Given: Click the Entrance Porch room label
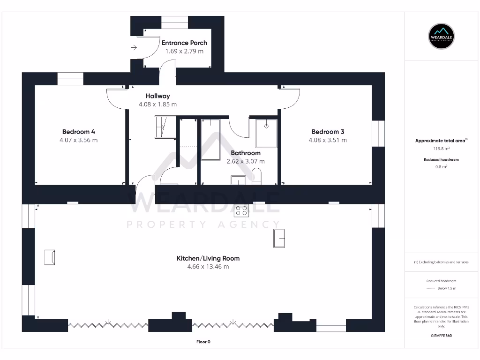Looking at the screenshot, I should click(184, 43).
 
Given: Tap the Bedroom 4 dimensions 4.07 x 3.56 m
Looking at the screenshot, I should click(79, 140).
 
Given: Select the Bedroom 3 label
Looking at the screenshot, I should click(328, 132).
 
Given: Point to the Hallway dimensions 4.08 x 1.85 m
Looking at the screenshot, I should click(157, 105).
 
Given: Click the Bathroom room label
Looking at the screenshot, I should click(246, 153).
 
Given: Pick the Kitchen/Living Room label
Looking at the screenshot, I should click(208, 258).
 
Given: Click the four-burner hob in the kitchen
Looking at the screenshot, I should click(241, 211).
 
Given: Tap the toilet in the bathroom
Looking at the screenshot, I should click(256, 177).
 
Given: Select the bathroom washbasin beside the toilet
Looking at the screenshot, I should click(239, 180).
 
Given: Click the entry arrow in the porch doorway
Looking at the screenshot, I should click(134, 47).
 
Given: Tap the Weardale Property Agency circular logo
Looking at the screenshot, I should click(442, 36).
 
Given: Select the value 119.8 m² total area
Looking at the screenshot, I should click(441, 149).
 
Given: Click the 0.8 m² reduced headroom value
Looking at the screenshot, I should click(441, 166).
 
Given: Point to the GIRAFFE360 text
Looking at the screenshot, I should click(441, 336).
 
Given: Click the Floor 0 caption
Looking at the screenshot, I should click(203, 342).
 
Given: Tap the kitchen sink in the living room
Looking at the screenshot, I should click(279, 238).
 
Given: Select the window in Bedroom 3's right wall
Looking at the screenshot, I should click(378, 134).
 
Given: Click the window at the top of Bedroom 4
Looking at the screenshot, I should click(70, 78).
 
